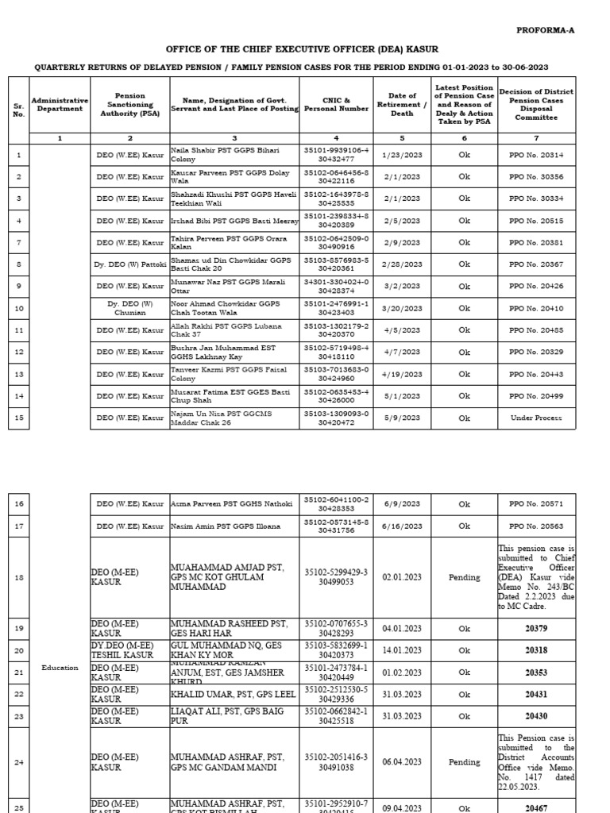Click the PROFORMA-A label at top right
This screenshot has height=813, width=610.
pos(546,30)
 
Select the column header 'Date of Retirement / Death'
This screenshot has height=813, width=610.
pos(402,104)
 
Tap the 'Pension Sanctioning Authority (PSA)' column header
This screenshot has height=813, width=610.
pos(129,104)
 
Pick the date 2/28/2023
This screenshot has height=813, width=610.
pos(402,264)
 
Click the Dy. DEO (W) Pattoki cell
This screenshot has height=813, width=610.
pos(129,264)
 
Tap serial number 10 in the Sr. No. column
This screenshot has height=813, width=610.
pos(19,308)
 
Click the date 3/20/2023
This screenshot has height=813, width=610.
pos(402,308)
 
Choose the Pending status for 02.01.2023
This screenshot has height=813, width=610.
pos(465,577)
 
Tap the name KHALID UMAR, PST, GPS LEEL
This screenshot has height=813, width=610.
pos(230,694)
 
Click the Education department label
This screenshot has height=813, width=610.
pos(60,668)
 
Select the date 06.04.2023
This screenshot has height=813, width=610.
pos(402,762)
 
